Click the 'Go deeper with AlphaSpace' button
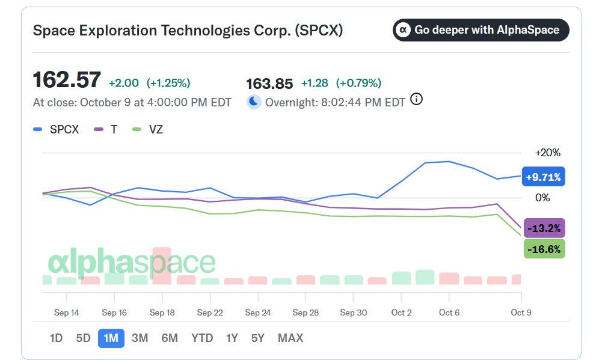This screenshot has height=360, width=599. [481, 30]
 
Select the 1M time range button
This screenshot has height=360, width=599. [111, 338]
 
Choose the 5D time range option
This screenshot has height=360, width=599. [83, 338]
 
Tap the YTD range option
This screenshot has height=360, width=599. [202, 338]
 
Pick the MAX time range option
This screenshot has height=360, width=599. [290, 338]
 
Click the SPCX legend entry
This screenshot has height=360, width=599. [56, 129]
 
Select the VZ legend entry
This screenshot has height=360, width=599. [147, 129]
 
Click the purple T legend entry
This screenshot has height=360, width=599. [105, 129]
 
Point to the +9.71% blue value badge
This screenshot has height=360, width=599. [543, 177]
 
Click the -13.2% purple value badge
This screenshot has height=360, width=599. [544, 228]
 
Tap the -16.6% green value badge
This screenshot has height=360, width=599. [544, 249]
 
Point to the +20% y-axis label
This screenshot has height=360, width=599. [548, 153]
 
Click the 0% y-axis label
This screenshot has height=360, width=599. [542, 198]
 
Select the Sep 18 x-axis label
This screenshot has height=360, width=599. [162, 313]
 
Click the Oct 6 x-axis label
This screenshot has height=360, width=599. [449, 313]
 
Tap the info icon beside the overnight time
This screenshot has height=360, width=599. [416, 99]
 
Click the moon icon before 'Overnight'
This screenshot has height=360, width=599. [254, 102]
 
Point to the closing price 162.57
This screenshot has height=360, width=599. [67, 80]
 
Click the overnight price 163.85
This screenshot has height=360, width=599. [269, 84]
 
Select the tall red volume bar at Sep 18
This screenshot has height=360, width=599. [162, 266]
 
